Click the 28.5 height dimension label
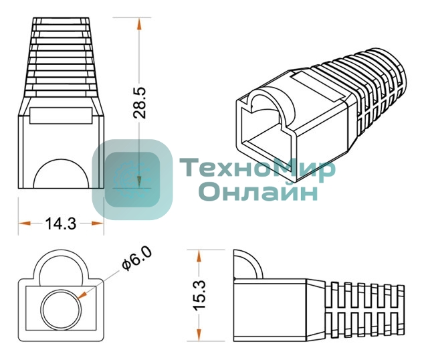[140, 103]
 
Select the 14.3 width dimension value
[61, 223]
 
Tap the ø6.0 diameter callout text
[137, 259]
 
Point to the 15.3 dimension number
[200, 294]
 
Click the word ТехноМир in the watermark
[257, 168]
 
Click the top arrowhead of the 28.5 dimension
[139, 24]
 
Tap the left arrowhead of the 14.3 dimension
[24, 223]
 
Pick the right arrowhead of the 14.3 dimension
[98, 223]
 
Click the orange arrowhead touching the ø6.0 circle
[82, 296]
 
